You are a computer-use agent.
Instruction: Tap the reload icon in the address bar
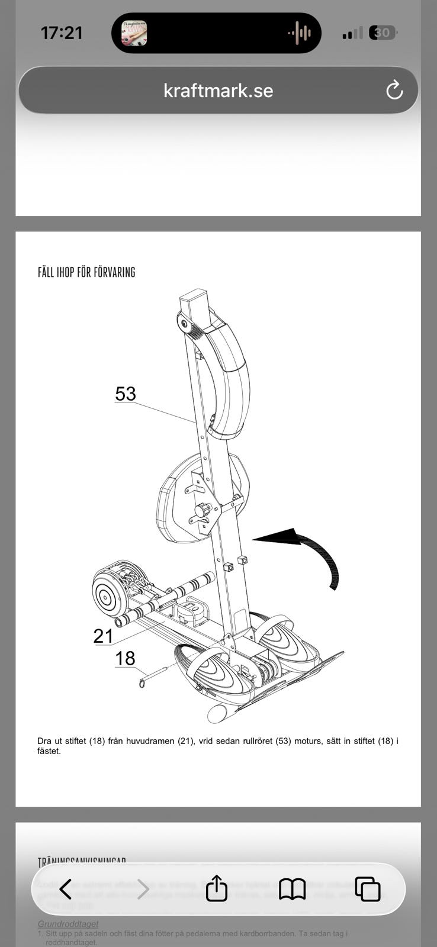394,91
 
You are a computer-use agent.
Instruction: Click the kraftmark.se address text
218,91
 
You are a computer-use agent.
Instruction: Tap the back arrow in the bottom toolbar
66,889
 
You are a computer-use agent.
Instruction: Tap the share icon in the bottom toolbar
217,888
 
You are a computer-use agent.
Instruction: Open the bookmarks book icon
292,889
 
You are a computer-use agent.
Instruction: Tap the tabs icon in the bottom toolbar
367,889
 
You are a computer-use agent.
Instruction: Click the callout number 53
126,394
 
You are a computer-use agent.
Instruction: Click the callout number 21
103,636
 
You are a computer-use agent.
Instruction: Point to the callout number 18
125,658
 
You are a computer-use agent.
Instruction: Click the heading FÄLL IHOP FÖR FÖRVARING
86,272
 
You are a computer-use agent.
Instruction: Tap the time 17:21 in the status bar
62,33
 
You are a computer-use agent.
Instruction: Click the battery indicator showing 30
383,33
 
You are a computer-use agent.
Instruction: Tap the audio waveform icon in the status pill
300,33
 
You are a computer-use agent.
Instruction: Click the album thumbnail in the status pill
134,33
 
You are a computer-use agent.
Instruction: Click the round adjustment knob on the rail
203,510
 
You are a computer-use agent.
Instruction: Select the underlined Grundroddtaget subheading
68,924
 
